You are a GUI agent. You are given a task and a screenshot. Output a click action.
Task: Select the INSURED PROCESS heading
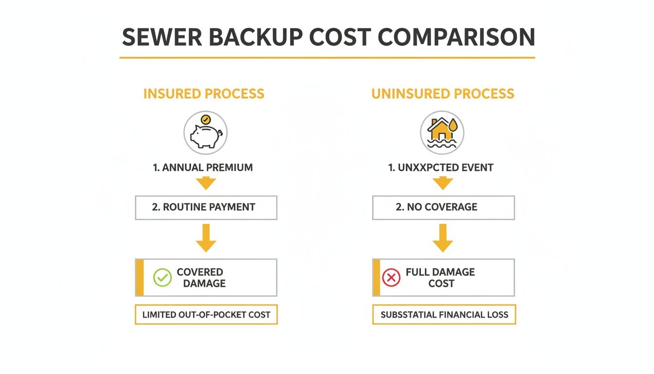coord(204,93)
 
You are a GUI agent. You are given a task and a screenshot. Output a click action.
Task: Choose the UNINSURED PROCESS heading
coord(442,93)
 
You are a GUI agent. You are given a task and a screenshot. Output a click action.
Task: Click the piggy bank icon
coord(205,134)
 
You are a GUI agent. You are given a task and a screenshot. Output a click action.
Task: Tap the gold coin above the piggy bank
coord(206,119)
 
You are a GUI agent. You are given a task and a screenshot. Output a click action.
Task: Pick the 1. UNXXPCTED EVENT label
coord(441,168)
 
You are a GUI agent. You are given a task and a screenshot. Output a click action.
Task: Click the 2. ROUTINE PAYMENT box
coord(206,207)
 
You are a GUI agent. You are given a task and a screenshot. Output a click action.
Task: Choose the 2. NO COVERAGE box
coord(443,207)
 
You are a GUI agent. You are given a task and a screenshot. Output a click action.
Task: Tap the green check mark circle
coord(162,278)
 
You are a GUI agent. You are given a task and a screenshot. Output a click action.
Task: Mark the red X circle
coord(391,278)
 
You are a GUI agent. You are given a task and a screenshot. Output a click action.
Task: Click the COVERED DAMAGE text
coord(201,278)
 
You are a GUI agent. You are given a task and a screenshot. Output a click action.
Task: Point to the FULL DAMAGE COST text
coord(440,278)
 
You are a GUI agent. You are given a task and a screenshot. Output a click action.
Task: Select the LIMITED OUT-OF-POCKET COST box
coord(206,315)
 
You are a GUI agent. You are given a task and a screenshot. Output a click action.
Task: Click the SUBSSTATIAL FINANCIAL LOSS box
coord(444,315)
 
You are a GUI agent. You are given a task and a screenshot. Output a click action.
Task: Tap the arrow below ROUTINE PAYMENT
coord(206,238)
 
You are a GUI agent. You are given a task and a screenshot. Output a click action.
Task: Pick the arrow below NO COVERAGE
coord(443,238)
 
